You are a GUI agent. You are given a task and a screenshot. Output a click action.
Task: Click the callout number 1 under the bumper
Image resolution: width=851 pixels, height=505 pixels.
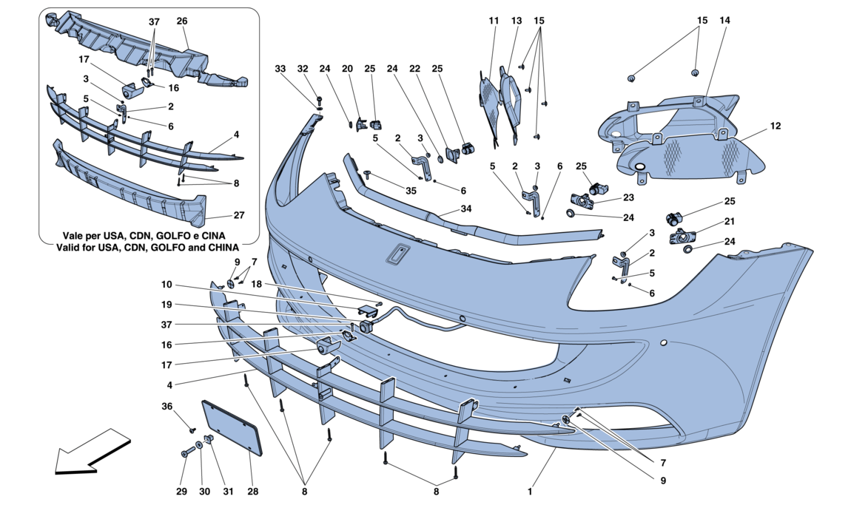coord(530,491)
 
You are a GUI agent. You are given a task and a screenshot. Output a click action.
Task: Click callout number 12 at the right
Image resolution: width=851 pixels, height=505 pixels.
coord(776,126)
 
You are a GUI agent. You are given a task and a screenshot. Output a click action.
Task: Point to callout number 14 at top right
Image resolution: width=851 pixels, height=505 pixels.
coord(724,21)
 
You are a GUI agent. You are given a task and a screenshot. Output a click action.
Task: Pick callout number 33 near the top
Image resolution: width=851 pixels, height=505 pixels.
coord(280,69)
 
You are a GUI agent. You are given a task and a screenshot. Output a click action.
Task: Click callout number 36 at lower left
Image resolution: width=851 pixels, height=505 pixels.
coord(167,406)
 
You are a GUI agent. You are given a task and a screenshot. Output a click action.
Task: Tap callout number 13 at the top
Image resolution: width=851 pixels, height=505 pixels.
coord(517,21)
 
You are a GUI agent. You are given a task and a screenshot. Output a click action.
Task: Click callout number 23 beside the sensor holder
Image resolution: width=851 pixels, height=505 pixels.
coord(628,197)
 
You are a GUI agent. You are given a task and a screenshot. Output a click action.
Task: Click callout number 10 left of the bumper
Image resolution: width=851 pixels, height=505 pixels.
coord(167,284)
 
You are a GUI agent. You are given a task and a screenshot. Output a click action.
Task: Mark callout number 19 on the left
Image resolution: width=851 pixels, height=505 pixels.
coord(167,304)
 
